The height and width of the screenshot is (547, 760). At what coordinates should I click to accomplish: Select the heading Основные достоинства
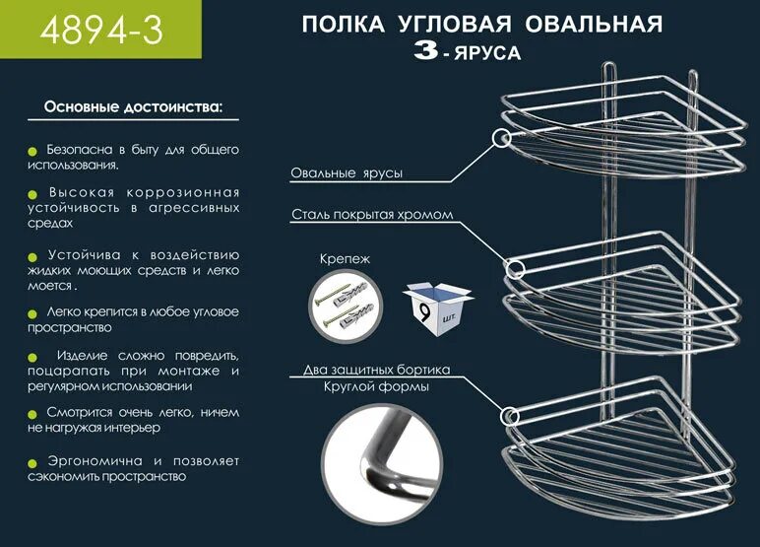tap(133, 104)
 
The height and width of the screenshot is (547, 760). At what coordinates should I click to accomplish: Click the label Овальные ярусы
tap(346, 173)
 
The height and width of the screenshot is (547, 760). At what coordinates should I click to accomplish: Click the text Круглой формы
tap(376, 386)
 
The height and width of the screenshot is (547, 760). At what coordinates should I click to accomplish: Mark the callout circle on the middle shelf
tap(514, 266)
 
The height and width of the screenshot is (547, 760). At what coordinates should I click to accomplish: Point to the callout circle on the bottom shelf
tap(510, 415)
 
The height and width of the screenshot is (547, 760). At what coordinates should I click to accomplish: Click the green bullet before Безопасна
tap(35, 151)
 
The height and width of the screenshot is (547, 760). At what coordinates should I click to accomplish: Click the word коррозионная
tap(194, 191)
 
